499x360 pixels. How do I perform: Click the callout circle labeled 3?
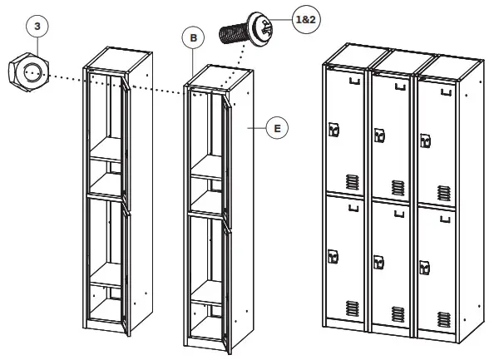coord(36,26)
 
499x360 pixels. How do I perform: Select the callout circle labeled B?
coord(193,37)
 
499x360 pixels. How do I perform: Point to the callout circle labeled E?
coord(278,128)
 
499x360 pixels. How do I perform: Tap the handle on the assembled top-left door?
coord(334,129)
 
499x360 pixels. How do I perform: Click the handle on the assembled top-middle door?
coord(379,135)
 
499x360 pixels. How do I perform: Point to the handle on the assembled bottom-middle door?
coord(379,263)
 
